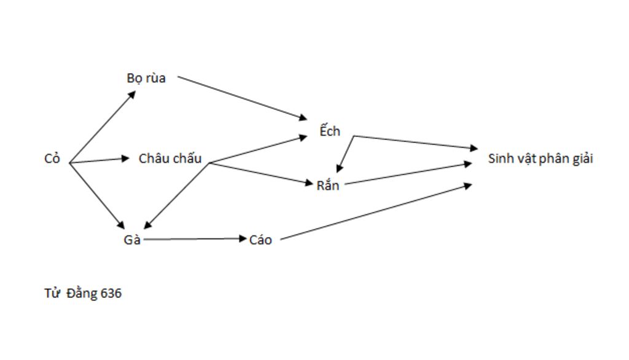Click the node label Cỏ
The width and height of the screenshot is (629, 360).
click(52, 159)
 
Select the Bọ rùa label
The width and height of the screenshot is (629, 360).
click(146, 79)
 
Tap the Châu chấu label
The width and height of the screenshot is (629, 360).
click(170, 158)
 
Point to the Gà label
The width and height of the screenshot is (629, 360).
click(132, 240)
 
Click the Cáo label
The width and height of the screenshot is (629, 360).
click(260, 240)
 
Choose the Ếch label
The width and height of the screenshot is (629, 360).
click(330, 131)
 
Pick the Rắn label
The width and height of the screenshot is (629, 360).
click(327, 185)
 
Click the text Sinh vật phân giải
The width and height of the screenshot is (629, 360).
click(541, 158)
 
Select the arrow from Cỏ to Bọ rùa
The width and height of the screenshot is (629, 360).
click(103, 127)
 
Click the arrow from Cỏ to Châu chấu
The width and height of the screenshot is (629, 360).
click(100, 160)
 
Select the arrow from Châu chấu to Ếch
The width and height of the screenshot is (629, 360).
click(259, 149)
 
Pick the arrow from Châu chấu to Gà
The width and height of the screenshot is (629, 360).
click(177, 196)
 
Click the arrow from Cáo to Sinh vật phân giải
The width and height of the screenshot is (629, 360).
click(375, 211)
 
